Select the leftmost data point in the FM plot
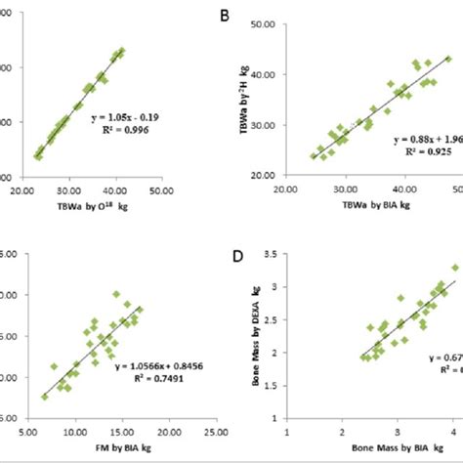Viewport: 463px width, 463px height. point(45,397)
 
